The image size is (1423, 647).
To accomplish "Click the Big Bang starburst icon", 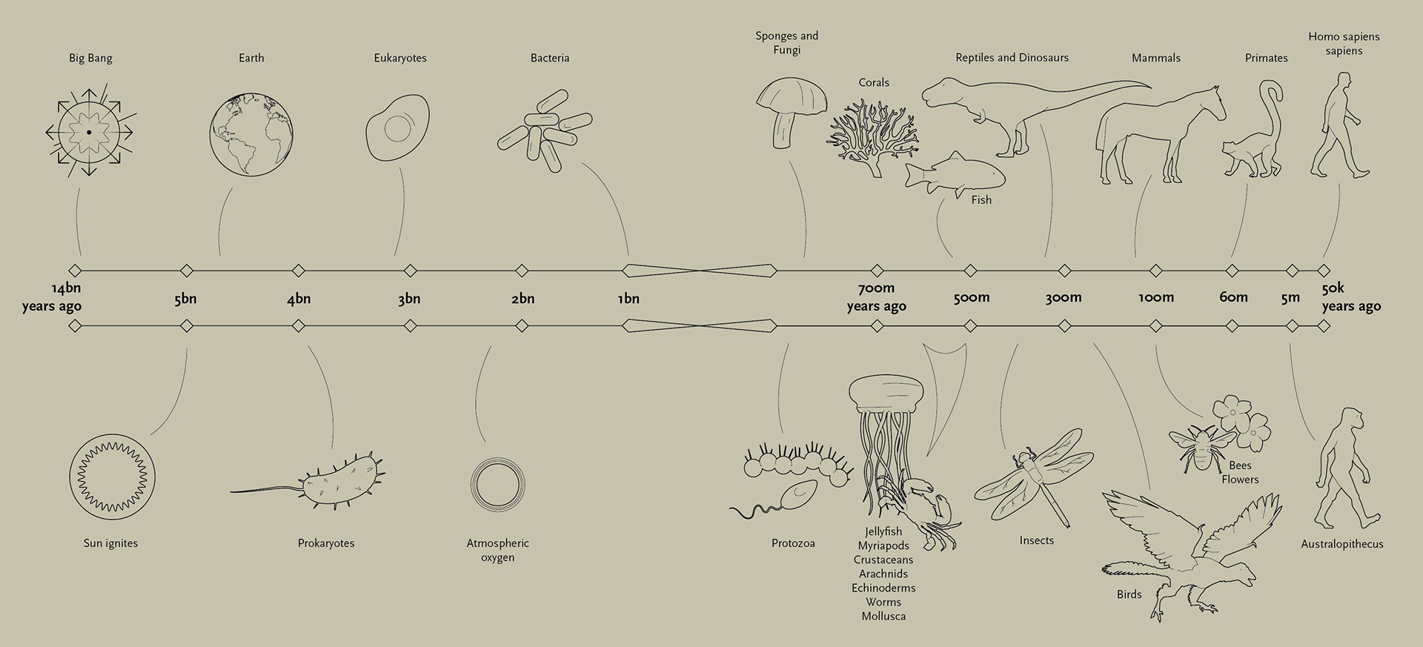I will [90, 132].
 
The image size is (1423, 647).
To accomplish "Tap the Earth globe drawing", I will [251, 133].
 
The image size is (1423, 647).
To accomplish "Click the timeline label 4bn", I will [299, 299].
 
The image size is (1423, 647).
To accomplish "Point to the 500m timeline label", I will [971, 297].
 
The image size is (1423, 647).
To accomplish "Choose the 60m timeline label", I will [1233, 297].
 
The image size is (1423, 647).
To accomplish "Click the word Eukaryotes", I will [400, 58].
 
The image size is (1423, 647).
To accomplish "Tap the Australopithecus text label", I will [1341, 544].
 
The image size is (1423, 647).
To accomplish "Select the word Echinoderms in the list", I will [883, 588].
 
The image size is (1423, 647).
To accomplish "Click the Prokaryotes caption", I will [326, 543].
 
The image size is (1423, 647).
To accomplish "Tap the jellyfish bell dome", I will [886, 393].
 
